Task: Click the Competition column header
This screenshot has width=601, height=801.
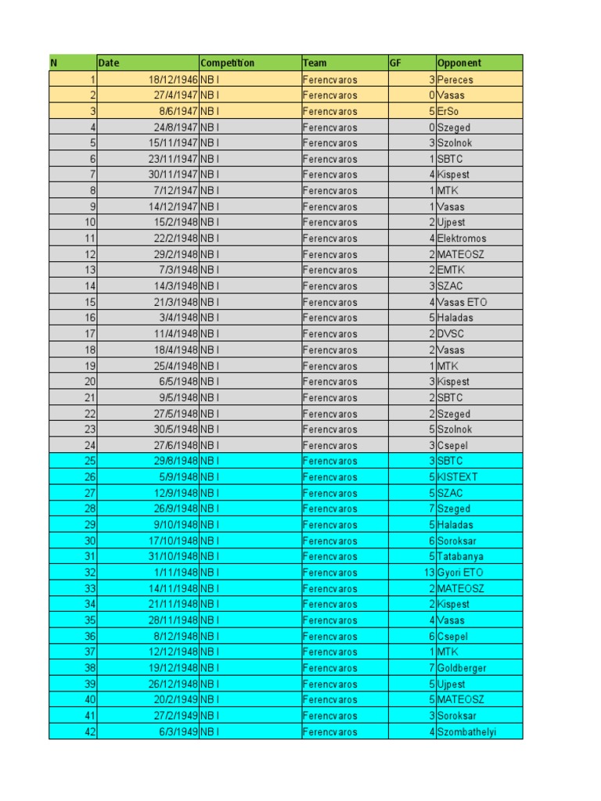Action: tap(228, 63)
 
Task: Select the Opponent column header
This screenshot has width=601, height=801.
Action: tap(459, 63)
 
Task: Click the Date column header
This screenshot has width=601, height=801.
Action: tap(109, 63)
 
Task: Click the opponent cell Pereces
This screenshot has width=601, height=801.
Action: tap(455, 80)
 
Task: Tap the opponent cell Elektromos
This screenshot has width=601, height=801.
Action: tap(461, 239)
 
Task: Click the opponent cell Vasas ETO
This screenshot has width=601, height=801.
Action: tap(462, 302)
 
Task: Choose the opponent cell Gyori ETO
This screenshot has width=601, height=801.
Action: tap(460, 573)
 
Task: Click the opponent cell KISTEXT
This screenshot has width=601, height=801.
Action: tap(457, 477)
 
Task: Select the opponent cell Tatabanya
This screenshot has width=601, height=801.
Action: tap(460, 557)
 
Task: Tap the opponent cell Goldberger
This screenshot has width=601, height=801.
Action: tap(461, 668)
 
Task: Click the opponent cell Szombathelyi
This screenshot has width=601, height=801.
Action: tap(466, 732)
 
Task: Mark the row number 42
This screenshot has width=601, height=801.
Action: tap(89, 732)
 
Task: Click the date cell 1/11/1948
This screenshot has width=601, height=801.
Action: tap(177, 573)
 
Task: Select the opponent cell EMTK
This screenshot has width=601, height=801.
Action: tap(451, 270)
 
